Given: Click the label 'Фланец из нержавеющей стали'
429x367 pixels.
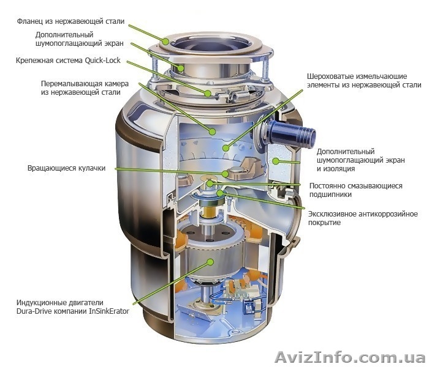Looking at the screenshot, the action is tap(70, 21).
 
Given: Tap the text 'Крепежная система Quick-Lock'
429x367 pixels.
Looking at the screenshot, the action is tap(68, 61).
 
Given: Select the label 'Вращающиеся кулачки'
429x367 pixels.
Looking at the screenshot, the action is tap(66, 168).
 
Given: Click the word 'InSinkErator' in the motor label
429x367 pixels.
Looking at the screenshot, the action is tap(109, 311).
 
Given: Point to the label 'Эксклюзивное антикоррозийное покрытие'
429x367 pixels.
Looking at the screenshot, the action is tap(363, 218).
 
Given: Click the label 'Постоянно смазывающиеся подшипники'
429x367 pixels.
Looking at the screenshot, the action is tap(355, 190).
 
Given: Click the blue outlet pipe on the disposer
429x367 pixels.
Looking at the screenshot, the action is tap(292, 133).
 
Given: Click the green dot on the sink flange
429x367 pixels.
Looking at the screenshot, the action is tap(165, 42).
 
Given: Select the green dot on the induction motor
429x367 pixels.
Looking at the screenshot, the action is tap(210, 262).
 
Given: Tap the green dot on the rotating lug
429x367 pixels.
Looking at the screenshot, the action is tap(225, 173).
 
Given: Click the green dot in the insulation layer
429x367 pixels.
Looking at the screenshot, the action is tap(276, 161).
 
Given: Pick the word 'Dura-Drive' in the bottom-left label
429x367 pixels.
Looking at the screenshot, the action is tap(34, 311).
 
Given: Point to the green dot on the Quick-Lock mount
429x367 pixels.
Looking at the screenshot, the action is tap(208, 94).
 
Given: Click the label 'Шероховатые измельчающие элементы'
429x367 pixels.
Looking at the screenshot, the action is tap(364, 81).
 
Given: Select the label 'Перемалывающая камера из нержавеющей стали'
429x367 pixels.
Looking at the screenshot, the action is tap(85, 87).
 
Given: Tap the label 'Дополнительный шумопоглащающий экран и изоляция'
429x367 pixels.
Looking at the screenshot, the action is tap(360, 160).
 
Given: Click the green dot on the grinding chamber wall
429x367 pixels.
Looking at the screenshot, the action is tap(212, 132).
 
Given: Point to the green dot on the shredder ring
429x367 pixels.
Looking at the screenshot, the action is tap(225, 148).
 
